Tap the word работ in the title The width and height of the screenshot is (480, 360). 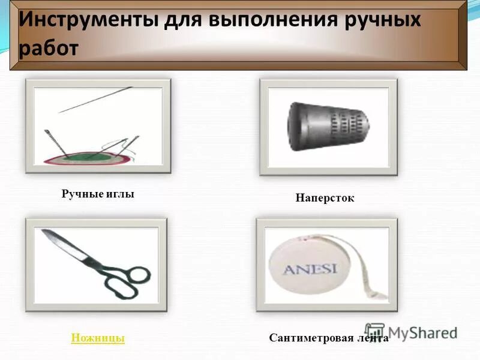[49, 48]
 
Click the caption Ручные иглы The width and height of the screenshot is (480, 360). [98, 194]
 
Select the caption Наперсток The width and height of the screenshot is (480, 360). [325, 197]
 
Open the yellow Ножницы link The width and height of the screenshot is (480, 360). [98, 338]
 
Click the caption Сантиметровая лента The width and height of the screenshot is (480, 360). [329, 338]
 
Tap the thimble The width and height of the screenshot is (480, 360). [328, 125]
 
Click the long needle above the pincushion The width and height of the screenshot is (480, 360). [96, 100]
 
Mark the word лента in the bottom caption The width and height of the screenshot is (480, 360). [374, 338]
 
